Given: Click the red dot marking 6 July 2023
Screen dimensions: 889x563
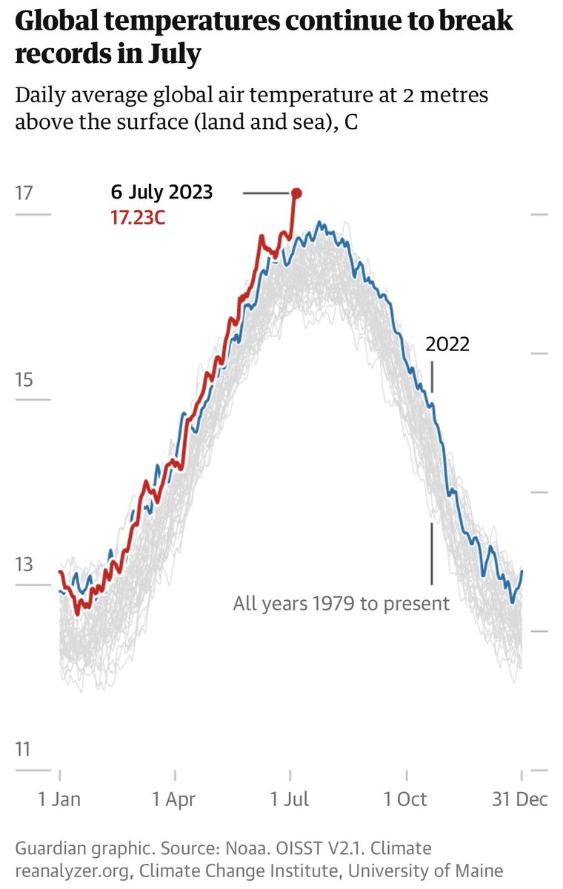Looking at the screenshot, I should tap(296, 193).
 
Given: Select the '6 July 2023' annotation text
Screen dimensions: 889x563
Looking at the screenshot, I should tap(161, 193).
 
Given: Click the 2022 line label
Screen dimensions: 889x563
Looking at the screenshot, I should tap(447, 344).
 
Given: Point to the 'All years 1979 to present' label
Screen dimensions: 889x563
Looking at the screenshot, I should tap(341, 604).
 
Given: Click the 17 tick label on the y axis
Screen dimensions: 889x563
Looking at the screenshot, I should tap(24, 193).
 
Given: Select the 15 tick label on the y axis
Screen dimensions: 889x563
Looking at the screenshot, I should tap(24, 380).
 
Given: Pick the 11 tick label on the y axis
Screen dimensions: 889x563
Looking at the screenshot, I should tap(24, 750).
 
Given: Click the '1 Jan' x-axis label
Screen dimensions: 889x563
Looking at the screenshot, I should tap(59, 799).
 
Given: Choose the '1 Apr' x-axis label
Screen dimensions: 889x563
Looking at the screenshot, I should tap(174, 799).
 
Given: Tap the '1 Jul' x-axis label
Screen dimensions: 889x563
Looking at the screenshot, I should tap(290, 799).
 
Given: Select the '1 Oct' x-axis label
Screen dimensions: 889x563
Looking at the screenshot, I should tap(406, 799).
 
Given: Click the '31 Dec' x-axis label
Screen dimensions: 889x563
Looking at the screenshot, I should tap(522, 799).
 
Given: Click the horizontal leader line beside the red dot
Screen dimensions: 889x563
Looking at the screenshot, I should tap(266, 193).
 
